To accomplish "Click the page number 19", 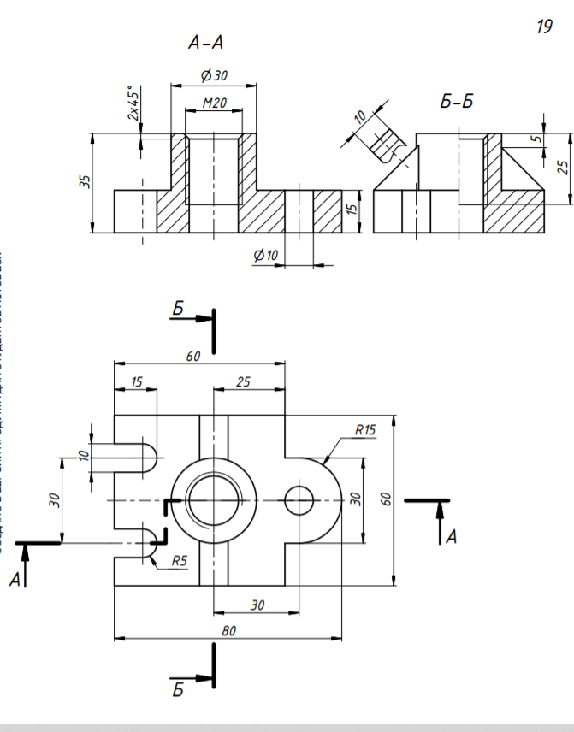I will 543,27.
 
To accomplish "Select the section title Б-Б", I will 457,103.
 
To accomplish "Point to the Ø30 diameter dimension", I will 214,75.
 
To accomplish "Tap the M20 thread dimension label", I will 214,103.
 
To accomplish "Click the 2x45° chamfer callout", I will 133,103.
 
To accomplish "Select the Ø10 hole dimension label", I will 267,256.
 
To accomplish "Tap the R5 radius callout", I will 180,562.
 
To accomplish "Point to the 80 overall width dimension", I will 228,630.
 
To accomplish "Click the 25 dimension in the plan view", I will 243,381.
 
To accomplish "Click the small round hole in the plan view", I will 299,500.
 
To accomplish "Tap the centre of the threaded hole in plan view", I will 213,500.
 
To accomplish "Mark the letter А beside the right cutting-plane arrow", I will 452,537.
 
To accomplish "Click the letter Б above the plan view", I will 178,309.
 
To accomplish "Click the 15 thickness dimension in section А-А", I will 351,210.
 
